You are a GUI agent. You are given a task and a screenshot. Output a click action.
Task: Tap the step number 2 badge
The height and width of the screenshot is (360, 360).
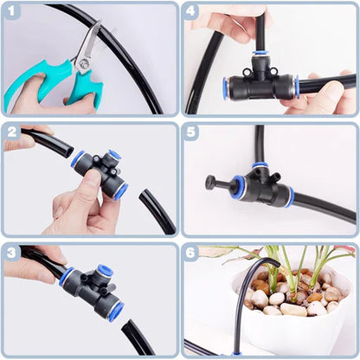12,132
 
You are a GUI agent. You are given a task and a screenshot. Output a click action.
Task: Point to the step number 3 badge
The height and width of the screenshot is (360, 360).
12,253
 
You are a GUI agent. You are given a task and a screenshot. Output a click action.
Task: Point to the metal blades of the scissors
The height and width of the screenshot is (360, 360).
86,48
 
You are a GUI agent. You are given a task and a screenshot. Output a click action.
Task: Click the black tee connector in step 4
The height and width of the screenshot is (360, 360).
260,84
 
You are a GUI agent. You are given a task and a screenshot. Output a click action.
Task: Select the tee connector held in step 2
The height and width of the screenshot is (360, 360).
100,168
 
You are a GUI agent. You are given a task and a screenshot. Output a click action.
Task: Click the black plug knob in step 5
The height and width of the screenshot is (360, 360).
210,183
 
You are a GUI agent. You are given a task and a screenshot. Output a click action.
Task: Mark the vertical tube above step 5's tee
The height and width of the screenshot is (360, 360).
259,143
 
